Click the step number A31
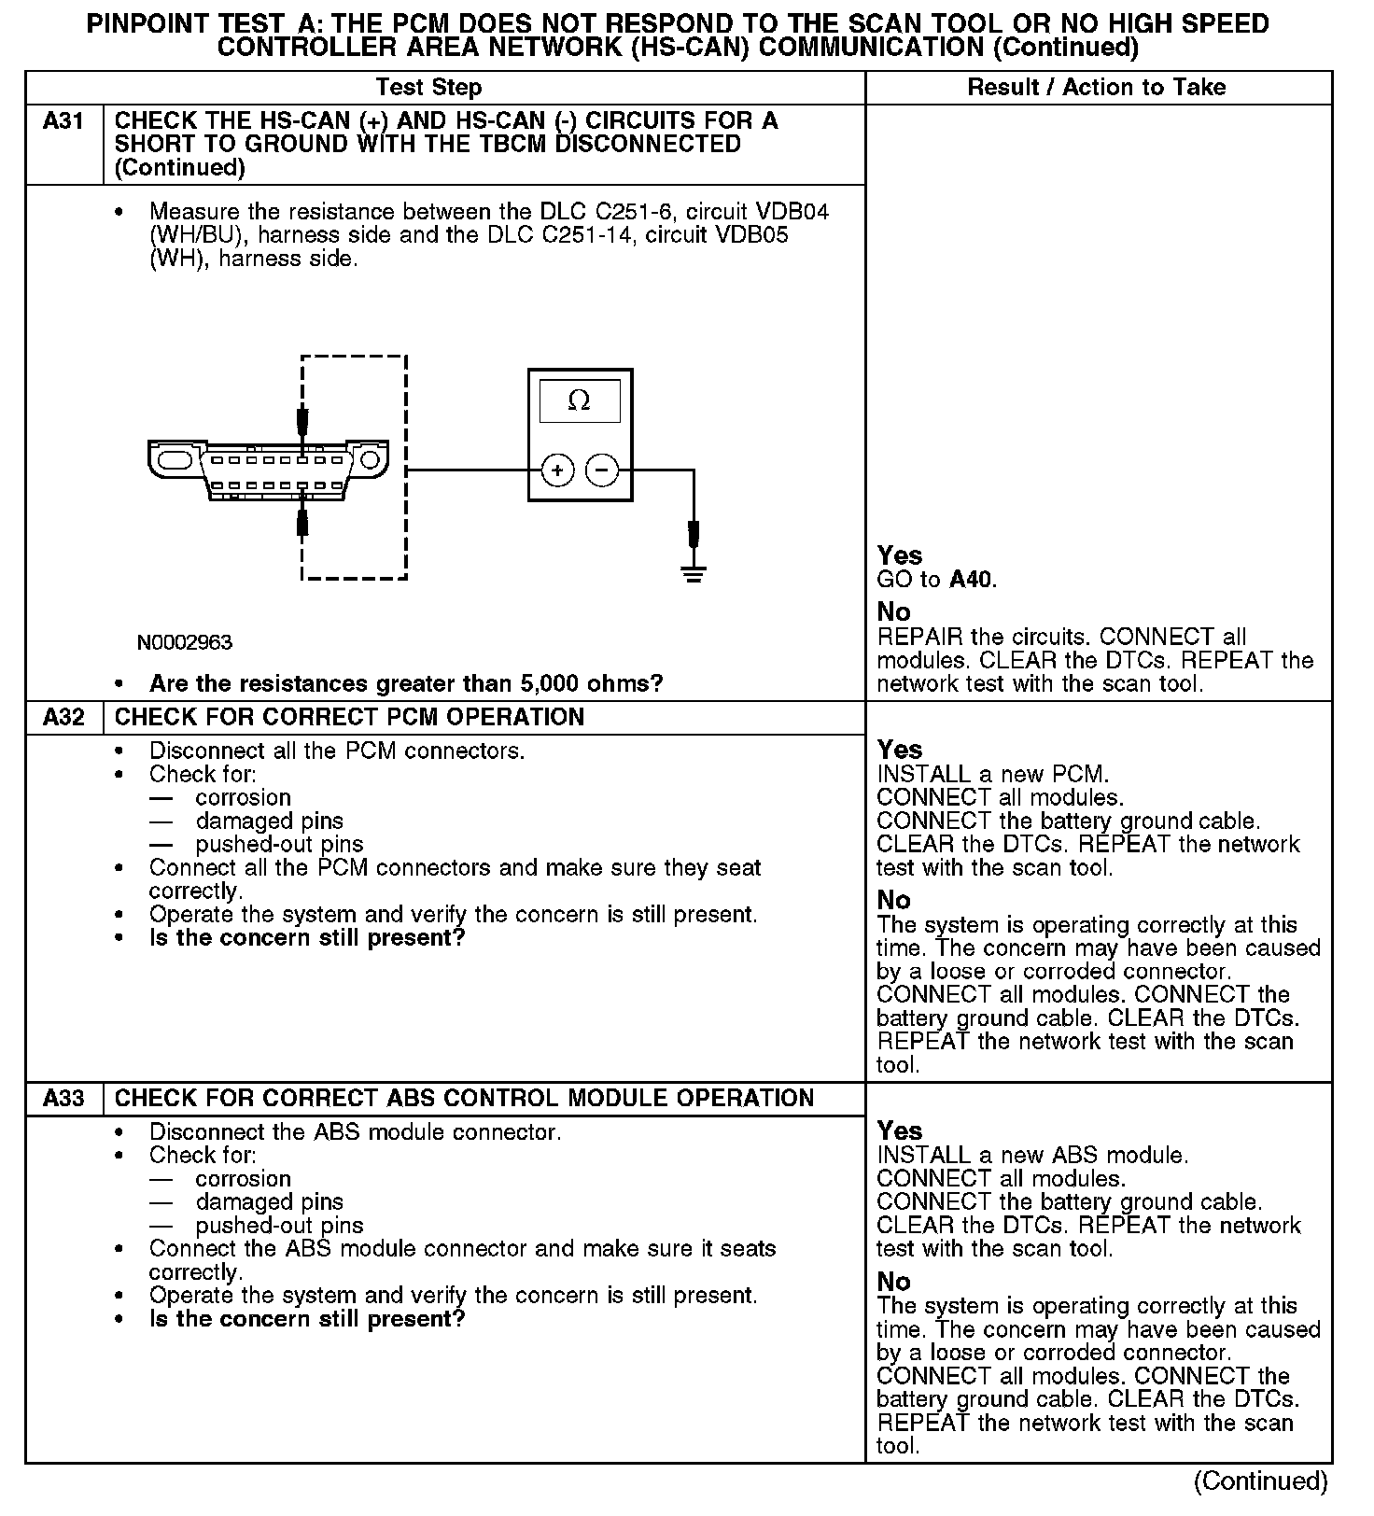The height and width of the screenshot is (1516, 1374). coord(63,121)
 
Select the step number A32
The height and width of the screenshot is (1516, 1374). coord(63,718)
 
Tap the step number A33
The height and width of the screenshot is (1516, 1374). coord(63,1099)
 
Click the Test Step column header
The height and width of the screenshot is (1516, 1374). coord(428,88)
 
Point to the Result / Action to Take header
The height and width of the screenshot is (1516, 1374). coord(1096,88)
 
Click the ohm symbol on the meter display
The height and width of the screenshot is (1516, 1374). coord(579,401)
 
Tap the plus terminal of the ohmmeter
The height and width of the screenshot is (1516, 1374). coord(557,470)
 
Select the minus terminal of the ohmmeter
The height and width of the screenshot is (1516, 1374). coord(602,470)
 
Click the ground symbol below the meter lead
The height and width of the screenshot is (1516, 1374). coord(693,574)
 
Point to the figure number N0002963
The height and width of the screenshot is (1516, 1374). coord(185,642)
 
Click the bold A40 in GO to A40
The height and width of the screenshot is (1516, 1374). coord(972,580)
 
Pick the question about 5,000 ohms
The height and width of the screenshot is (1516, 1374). coord(406,684)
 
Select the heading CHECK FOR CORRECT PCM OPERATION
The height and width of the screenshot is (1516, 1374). coord(349,718)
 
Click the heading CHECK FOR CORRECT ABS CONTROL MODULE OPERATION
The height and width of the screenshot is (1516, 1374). coord(464,1099)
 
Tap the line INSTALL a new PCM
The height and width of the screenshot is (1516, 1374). coord(992,775)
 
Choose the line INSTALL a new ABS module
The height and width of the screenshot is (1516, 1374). coord(1032,1156)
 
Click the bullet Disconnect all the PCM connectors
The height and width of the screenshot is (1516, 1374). coord(336,751)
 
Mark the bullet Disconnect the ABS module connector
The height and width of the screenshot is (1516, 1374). coord(355,1132)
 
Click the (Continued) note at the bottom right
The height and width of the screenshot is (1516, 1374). coord(1260,1481)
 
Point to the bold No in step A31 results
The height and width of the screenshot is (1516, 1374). coord(893,612)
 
